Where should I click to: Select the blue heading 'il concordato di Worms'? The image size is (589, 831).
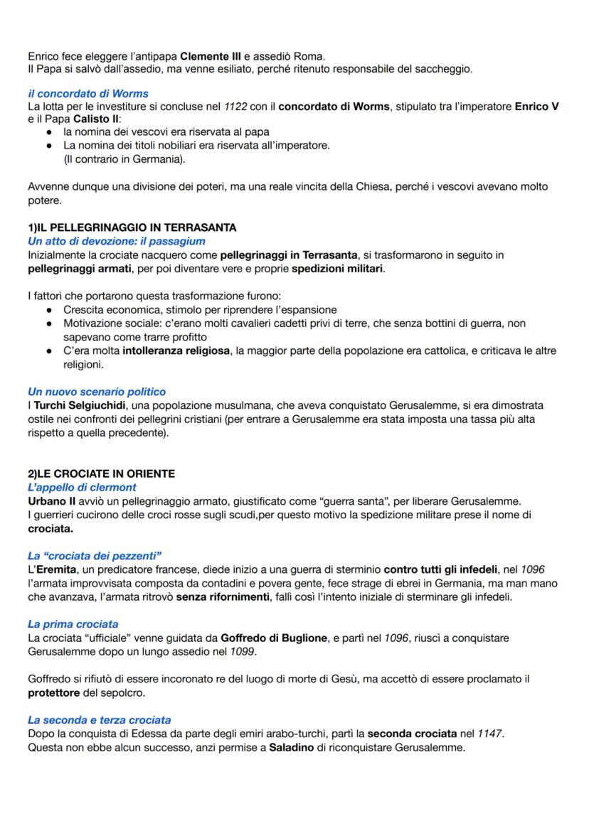(88, 94)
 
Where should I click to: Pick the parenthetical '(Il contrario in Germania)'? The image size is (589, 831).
(124, 159)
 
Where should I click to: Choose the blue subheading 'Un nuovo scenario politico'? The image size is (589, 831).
(97, 391)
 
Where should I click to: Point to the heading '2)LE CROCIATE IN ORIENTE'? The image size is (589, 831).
(100, 473)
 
